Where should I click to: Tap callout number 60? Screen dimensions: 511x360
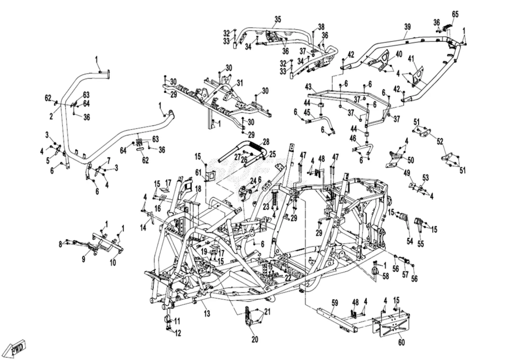(x=401, y=342)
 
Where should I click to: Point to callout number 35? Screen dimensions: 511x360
(x=278, y=19)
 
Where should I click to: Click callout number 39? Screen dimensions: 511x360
(x=407, y=27)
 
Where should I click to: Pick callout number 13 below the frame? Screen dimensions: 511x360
(x=207, y=313)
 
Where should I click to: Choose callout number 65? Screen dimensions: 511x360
(x=455, y=14)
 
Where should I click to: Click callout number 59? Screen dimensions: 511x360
(x=335, y=303)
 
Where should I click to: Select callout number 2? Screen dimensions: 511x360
(x=51, y=116)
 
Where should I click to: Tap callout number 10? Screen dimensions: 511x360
(x=113, y=263)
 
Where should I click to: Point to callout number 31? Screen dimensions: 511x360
(x=240, y=83)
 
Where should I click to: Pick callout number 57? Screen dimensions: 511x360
(x=405, y=274)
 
